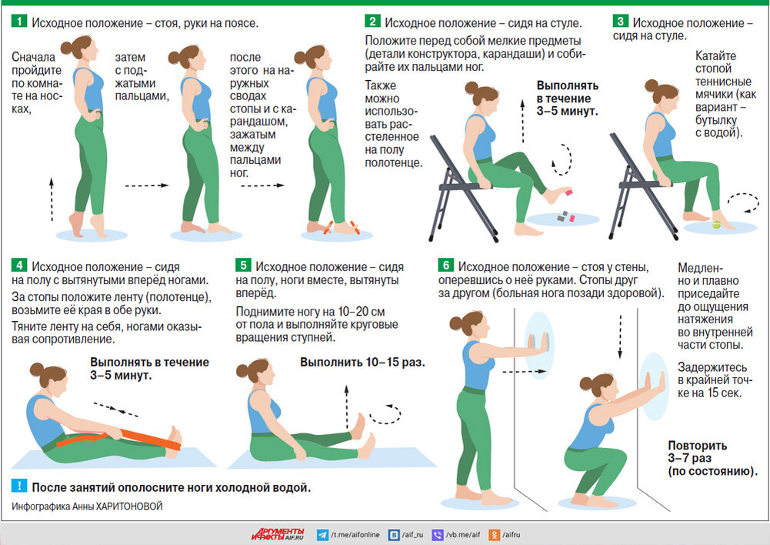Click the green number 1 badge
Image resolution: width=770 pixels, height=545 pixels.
[19, 21]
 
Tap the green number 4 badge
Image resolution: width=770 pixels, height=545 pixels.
[19, 266]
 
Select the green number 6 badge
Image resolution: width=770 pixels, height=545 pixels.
[446, 266]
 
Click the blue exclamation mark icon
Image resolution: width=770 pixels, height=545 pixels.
[19, 486]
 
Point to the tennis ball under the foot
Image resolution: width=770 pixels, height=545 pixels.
[716, 226]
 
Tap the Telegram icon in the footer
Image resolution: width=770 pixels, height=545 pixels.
[322, 535]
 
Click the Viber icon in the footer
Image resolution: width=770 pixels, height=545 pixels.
[438, 535]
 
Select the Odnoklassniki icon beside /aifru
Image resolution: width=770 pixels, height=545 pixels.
[495, 535]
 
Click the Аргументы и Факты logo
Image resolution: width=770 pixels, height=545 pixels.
[278, 534]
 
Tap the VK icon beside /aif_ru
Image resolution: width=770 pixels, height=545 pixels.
[394, 535]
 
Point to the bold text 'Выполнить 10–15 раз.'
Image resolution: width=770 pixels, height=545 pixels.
[362, 363]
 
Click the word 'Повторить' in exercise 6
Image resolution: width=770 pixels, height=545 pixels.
[698, 445]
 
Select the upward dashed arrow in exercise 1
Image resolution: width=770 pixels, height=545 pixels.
[52, 199]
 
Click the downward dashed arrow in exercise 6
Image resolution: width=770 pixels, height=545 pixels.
[620, 337]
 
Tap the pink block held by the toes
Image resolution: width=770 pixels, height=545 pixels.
[568, 192]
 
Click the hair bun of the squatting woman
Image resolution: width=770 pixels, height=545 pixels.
[585, 383]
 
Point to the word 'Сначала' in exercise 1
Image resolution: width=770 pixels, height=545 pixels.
[33, 57]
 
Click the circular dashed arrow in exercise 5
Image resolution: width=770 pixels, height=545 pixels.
[386, 414]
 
